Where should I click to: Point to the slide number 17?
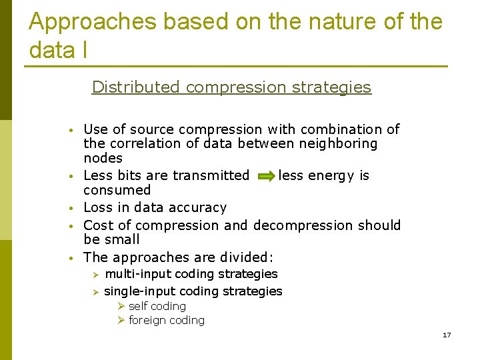(x=447, y=335)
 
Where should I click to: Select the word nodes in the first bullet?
(x=103, y=159)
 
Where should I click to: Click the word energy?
(x=331, y=176)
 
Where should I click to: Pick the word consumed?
(x=117, y=191)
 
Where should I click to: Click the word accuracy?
(x=199, y=208)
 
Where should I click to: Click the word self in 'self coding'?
(x=138, y=306)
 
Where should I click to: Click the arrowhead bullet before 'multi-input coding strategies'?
(x=95, y=275)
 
